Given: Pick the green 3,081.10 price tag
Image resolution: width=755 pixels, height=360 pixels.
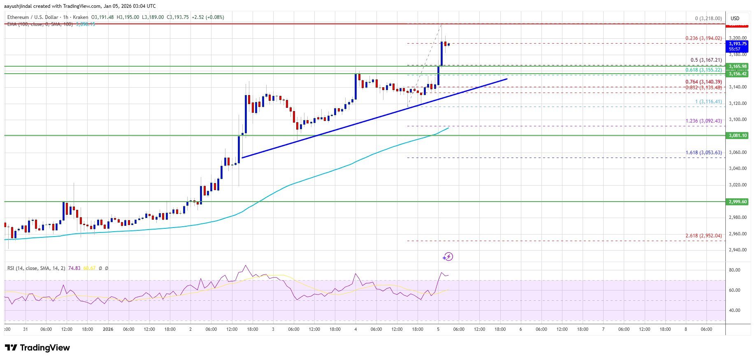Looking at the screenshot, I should (x=738, y=135).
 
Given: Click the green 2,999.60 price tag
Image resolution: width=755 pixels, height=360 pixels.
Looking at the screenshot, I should (x=738, y=202).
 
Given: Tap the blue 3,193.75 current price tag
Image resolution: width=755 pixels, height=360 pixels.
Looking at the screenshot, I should (x=738, y=44).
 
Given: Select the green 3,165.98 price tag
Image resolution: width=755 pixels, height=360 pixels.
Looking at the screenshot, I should (x=738, y=66).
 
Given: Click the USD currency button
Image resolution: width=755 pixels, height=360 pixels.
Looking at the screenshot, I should (x=735, y=18).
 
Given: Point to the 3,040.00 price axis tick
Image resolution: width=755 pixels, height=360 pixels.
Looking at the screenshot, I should (x=738, y=168).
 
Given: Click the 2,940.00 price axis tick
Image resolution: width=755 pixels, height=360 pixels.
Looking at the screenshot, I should (x=738, y=250).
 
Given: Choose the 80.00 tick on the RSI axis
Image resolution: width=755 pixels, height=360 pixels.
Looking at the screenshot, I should (x=734, y=270).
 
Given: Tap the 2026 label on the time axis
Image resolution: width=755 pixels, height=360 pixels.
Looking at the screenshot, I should (x=108, y=329).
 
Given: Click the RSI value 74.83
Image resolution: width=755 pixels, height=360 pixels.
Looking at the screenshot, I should (x=74, y=268).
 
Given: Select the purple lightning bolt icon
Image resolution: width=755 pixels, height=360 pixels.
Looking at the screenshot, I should (x=448, y=257).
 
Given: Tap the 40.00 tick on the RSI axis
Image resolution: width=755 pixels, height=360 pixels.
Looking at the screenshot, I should (x=734, y=310).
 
